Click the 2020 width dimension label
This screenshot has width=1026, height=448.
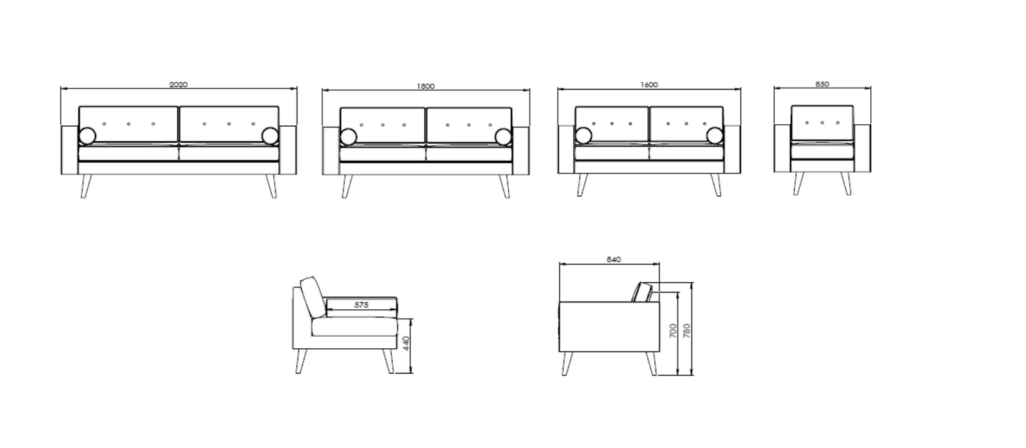pos(179,84)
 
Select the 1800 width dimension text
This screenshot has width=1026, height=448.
pos(426,86)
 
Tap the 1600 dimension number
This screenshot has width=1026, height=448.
pos(649,84)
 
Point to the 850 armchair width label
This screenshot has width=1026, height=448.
pos(822,84)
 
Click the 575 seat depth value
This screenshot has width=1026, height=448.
pos(361,305)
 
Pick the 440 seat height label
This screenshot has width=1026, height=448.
pos(406,343)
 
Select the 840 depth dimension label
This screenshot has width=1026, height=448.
pos(614,259)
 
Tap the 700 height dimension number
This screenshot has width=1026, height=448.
pos(673,331)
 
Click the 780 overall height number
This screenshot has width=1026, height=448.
pos(686,331)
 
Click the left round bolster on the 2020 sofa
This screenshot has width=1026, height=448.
pos(88,136)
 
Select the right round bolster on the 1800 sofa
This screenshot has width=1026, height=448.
pos(503,137)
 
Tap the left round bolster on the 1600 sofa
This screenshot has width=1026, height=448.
pos(584,136)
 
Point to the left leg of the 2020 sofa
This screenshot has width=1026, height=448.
pos(86,186)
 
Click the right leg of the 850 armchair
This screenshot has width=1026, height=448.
pos(847,184)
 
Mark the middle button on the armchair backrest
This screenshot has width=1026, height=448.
pos(822,123)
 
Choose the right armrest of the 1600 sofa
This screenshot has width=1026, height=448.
pos(732,149)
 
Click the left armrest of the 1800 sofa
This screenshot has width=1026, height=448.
pos(331,150)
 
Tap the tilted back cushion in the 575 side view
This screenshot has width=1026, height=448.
pos(313,298)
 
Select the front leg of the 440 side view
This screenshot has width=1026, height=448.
pos(388,362)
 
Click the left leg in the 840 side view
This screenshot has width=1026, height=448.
pos(568,364)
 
